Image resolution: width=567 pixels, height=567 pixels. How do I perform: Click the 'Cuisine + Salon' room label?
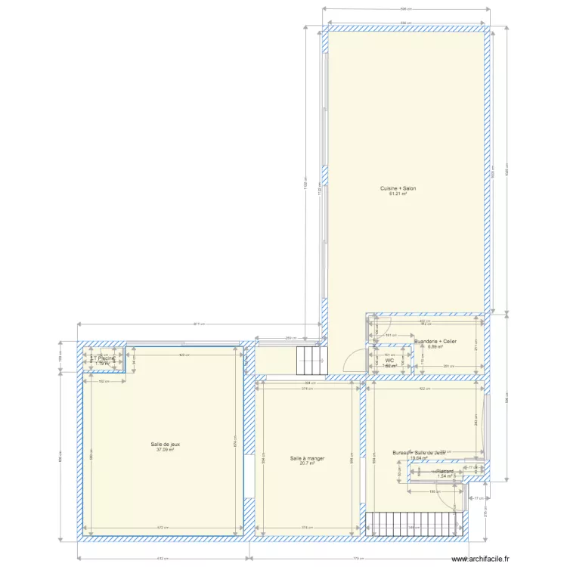pyautogui.click(x=398, y=188)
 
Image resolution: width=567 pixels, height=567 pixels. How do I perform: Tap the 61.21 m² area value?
pyautogui.click(x=398, y=194)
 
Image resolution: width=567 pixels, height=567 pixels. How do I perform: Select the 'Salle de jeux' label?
pyautogui.click(x=165, y=444)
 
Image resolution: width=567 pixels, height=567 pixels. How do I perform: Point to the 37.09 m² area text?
pyautogui.click(x=165, y=450)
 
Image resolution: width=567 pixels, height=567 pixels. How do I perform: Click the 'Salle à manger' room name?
pyautogui.click(x=307, y=457)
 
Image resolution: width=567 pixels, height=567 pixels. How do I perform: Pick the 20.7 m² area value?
pyautogui.click(x=307, y=463)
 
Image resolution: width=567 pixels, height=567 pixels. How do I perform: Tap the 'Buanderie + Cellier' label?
pyautogui.click(x=435, y=341)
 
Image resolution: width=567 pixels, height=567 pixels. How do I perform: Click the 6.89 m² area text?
pyautogui.click(x=435, y=347)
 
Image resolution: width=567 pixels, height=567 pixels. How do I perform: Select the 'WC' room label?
pyautogui.click(x=389, y=361)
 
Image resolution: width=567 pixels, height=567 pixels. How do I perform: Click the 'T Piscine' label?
pyautogui.click(x=102, y=358)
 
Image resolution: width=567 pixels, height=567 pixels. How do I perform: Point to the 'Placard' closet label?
pyautogui.click(x=444, y=470)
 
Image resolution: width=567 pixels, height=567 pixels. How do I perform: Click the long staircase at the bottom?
pyautogui.click(x=414, y=524)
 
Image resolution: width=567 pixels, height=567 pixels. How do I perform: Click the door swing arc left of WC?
pyautogui.click(x=352, y=362)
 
